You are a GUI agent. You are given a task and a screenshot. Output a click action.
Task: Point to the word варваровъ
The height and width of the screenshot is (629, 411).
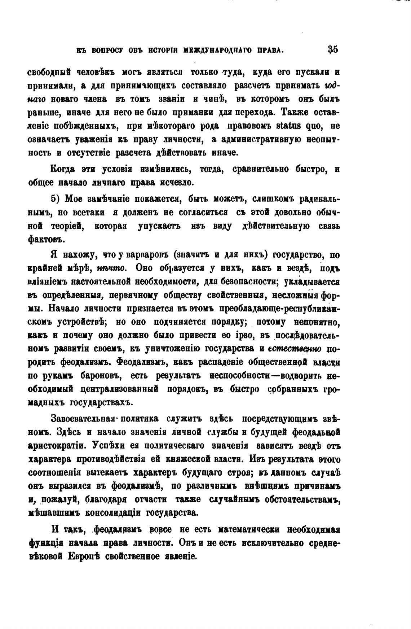(148, 255)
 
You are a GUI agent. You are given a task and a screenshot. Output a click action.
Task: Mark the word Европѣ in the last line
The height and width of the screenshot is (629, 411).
(84, 556)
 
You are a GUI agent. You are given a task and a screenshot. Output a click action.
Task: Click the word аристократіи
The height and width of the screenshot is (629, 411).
(57, 445)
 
